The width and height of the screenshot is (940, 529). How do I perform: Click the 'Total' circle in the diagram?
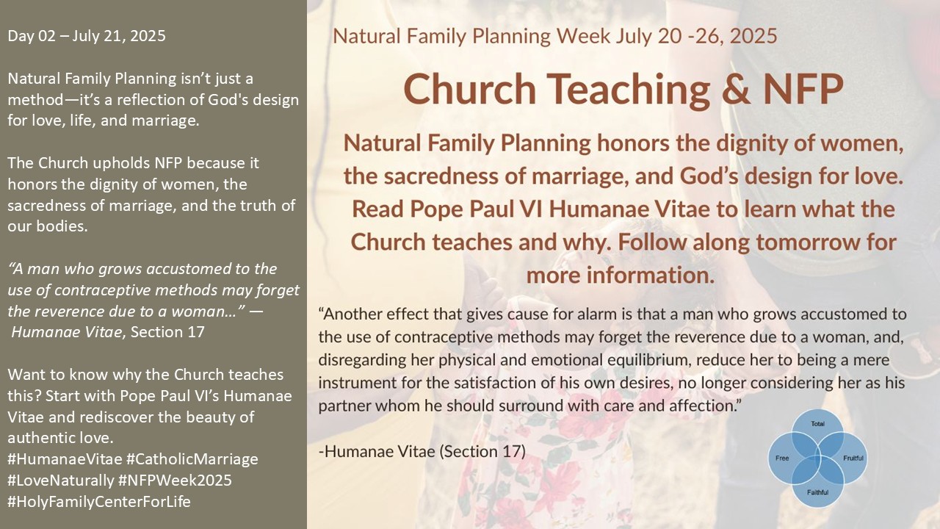pos(817,424)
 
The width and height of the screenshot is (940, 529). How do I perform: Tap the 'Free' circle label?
pos(782,458)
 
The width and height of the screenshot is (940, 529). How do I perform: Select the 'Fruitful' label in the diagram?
pos(853,458)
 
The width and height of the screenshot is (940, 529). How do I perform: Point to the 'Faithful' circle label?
pos(817,492)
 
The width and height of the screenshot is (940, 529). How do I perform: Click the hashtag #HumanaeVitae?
pos(65,459)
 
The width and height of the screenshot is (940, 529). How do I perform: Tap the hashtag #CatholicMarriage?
pos(192,459)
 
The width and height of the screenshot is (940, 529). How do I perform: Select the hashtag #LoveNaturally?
pos(61,481)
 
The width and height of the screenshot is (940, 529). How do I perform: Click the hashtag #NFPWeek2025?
pos(175,481)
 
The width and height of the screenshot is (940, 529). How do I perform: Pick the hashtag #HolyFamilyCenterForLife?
pos(99,502)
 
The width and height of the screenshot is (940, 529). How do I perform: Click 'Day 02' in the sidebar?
pos(32,36)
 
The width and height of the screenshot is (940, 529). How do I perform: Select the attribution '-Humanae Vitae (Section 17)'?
pos(422,452)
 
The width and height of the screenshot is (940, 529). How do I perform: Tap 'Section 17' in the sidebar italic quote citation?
pos(167,332)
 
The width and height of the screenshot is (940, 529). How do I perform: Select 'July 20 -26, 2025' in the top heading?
pos(696,36)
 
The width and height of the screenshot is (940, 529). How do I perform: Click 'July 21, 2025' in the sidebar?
pos(119,37)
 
